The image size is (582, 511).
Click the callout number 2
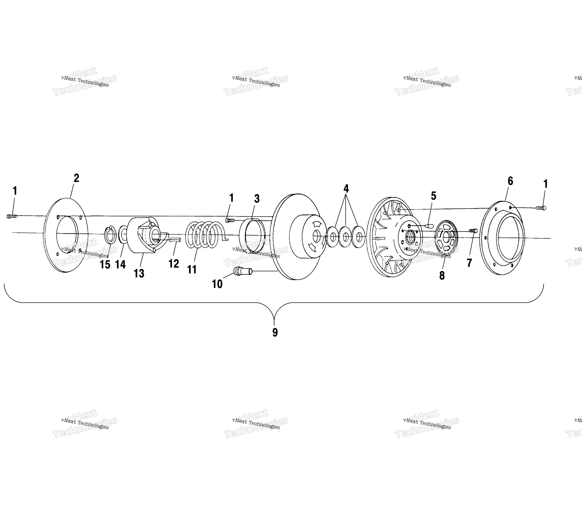click(x=76, y=178)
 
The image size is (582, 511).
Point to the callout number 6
click(x=510, y=181)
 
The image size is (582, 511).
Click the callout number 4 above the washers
click(x=346, y=188)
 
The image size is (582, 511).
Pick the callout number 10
click(x=217, y=284)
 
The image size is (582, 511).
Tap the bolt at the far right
click(x=541, y=208)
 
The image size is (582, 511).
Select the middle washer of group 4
click(x=345, y=237)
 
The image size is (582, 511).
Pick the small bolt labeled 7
click(x=473, y=231)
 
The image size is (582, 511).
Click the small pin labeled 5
click(x=429, y=226)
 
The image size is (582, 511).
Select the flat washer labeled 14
click(x=123, y=235)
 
